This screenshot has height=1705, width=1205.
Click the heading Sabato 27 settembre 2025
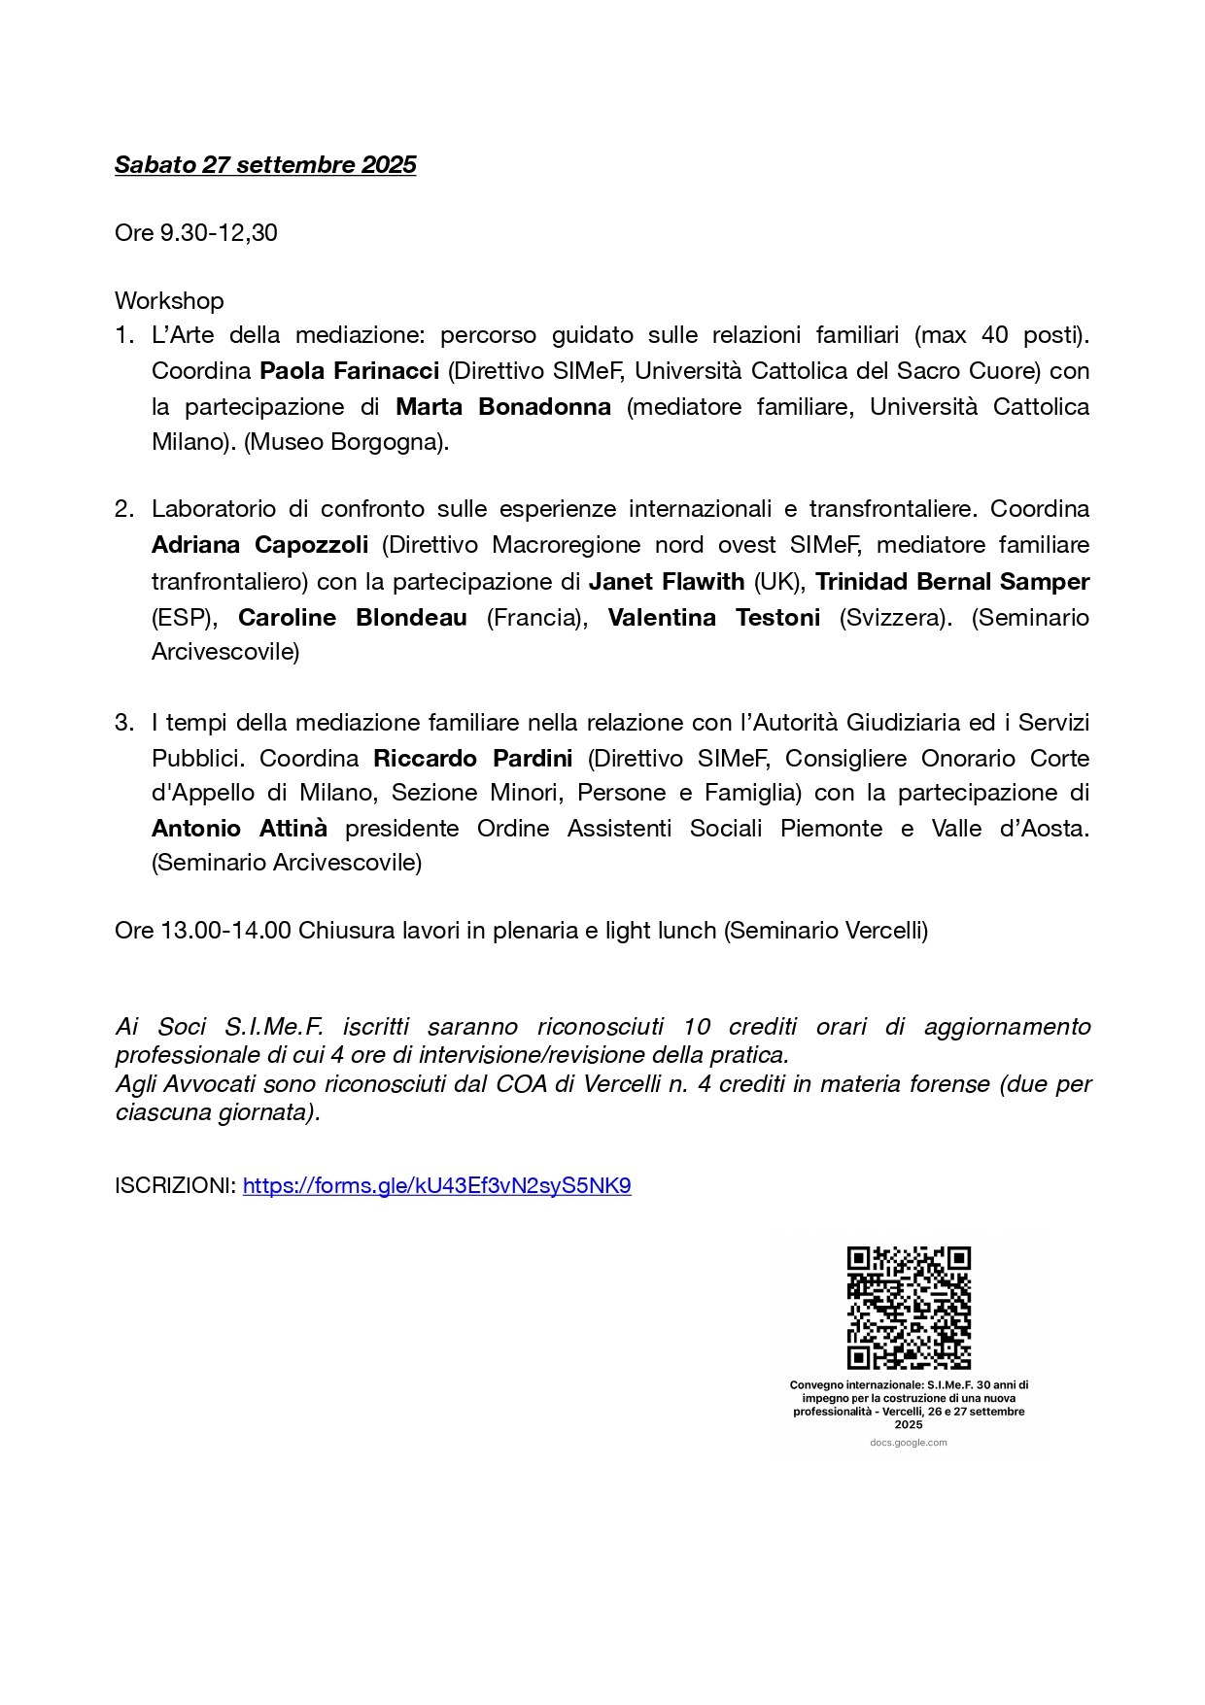tap(265, 165)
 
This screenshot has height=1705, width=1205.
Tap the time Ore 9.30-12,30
tap(195, 233)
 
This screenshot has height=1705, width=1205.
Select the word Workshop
tap(169, 301)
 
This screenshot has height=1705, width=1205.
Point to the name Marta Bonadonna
tap(503, 407)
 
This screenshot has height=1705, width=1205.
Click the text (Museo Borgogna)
tap(347, 442)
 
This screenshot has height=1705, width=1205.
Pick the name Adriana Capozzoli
tap(259, 545)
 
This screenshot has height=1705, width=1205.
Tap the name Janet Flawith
tap(667, 582)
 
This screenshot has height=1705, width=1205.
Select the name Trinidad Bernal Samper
tap(951, 582)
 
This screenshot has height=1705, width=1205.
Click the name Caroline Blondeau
tap(353, 618)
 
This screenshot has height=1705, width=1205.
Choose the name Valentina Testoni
tap(714, 618)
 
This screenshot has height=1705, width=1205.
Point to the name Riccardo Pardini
tap(473, 759)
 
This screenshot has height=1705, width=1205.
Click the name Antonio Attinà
tap(239, 829)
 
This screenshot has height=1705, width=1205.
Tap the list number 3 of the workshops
tap(122, 723)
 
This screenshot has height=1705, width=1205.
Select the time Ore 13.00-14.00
tap(203, 931)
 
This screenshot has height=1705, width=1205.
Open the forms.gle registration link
tap(436, 1186)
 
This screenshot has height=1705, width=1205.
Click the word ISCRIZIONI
tap(175, 1186)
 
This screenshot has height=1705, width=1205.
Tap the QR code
tap(909, 1308)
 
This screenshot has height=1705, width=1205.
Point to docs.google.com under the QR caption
tap(909, 1443)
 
